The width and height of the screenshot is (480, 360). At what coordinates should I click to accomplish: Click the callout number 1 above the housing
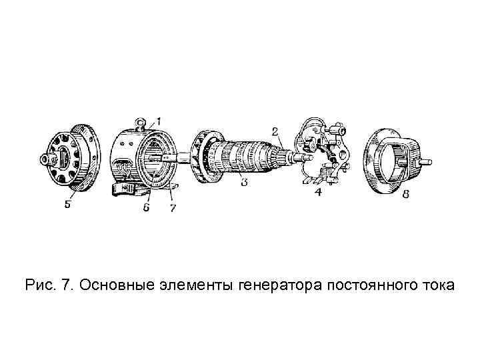coord(158,121)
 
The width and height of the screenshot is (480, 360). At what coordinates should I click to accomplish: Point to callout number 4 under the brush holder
coord(318,193)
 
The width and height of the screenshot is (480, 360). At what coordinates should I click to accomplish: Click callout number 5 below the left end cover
coord(67,205)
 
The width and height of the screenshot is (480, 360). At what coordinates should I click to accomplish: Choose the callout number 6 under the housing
coord(146,209)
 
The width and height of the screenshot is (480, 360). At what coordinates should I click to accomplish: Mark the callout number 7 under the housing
coord(172,209)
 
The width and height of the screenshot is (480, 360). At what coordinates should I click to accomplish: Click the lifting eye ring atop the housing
coord(141,122)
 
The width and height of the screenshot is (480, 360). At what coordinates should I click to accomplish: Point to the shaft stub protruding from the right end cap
coord(425,161)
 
